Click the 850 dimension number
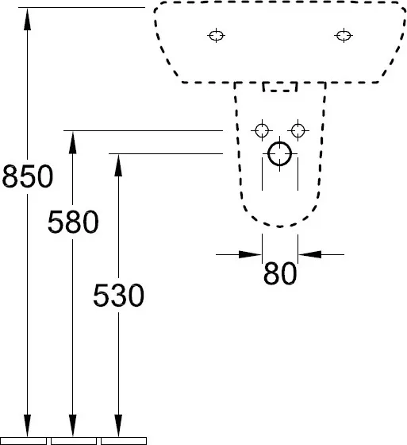[28, 176]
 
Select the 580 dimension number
[73, 222]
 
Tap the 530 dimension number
[118, 295]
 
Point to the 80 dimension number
[280, 273]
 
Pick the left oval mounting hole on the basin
[217, 36]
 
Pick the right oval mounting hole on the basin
[344, 36]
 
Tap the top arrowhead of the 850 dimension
[27, 19]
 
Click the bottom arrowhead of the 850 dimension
[27, 425]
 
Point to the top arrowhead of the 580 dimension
[73, 142]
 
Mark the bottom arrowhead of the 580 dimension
[73, 425]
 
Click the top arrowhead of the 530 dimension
[118, 165]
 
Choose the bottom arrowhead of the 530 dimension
[118, 425]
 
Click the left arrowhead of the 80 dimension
[250, 254]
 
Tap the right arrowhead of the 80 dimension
[309, 254]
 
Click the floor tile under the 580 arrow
[74, 441]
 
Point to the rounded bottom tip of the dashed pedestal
[280, 226]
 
